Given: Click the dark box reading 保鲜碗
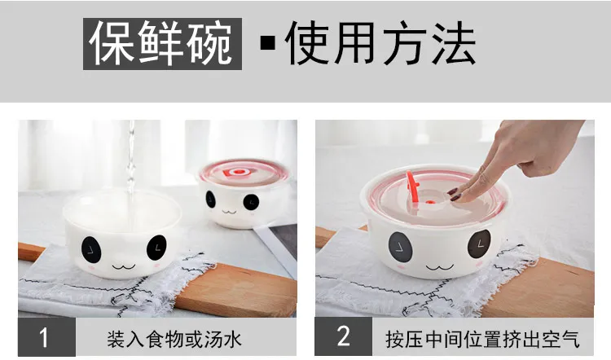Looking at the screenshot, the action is pyautogui.click(x=162, y=44).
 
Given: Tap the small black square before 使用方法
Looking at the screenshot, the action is pyautogui.click(x=268, y=43).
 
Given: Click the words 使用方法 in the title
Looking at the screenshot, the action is pyautogui.click(x=380, y=43).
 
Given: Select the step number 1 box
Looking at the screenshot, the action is pyautogui.click(x=46, y=337).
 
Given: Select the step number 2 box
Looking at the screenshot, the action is pyautogui.click(x=344, y=337).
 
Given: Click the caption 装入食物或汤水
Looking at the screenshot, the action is pyautogui.click(x=174, y=340).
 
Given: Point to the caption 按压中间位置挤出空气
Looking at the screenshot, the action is pyautogui.click(x=483, y=340).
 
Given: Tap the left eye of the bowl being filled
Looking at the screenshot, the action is pyautogui.click(x=91, y=248).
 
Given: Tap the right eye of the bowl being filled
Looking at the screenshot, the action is pyautogui.click(x=156, y=248).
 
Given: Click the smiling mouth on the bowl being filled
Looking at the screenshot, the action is pyautogui.click(x=124, y=267).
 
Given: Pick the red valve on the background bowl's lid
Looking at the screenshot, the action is pyautogui.click(x=236, y=172).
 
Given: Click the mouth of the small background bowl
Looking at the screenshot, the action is pyautogui.click(x=229, y=212).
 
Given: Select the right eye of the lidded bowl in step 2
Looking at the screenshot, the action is pyautogui.click(x=479, y=244).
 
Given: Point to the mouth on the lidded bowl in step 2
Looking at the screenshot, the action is pyautogui.click(x=440, y=268).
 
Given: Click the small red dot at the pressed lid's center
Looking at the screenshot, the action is pyautogui.click(x=429, y=202).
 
